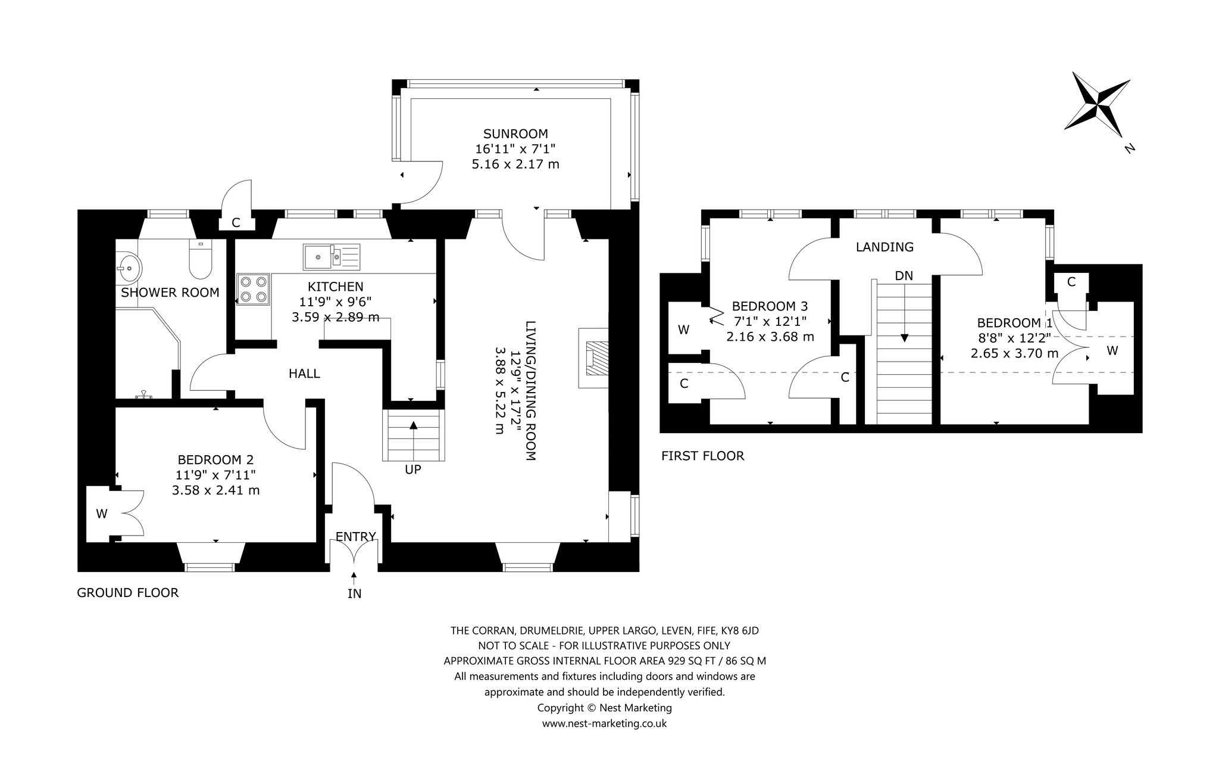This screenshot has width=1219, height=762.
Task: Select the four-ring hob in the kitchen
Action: [x=252, y=289]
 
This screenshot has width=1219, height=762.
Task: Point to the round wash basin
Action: [x=128, y=268]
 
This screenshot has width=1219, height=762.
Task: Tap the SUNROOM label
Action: [x=515, y=134]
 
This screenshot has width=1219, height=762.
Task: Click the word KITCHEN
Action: [x=336, y=287]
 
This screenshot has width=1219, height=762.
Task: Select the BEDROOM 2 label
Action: [x=216, y=460]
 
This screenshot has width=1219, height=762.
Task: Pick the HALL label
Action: [x=304, y=374]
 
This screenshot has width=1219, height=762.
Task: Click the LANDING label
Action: [x=884, y=247]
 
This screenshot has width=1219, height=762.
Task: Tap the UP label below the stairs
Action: [x=413, y=469]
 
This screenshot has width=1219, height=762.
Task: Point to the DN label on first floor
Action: [x=904, y=276]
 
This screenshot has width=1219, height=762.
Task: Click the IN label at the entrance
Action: [x=354, y=593]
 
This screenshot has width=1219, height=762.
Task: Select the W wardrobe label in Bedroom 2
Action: [x=102, y=514]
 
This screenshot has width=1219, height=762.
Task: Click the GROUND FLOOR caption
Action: [x=128, y=593]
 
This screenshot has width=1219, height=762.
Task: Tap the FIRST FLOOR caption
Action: [x=703, y=456]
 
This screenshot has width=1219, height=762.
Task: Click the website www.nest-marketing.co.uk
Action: [x=604, y=724]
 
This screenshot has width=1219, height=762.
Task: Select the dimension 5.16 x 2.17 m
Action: [x=515, y=164]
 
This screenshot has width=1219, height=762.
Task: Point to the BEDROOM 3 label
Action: [x=770, y=306]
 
